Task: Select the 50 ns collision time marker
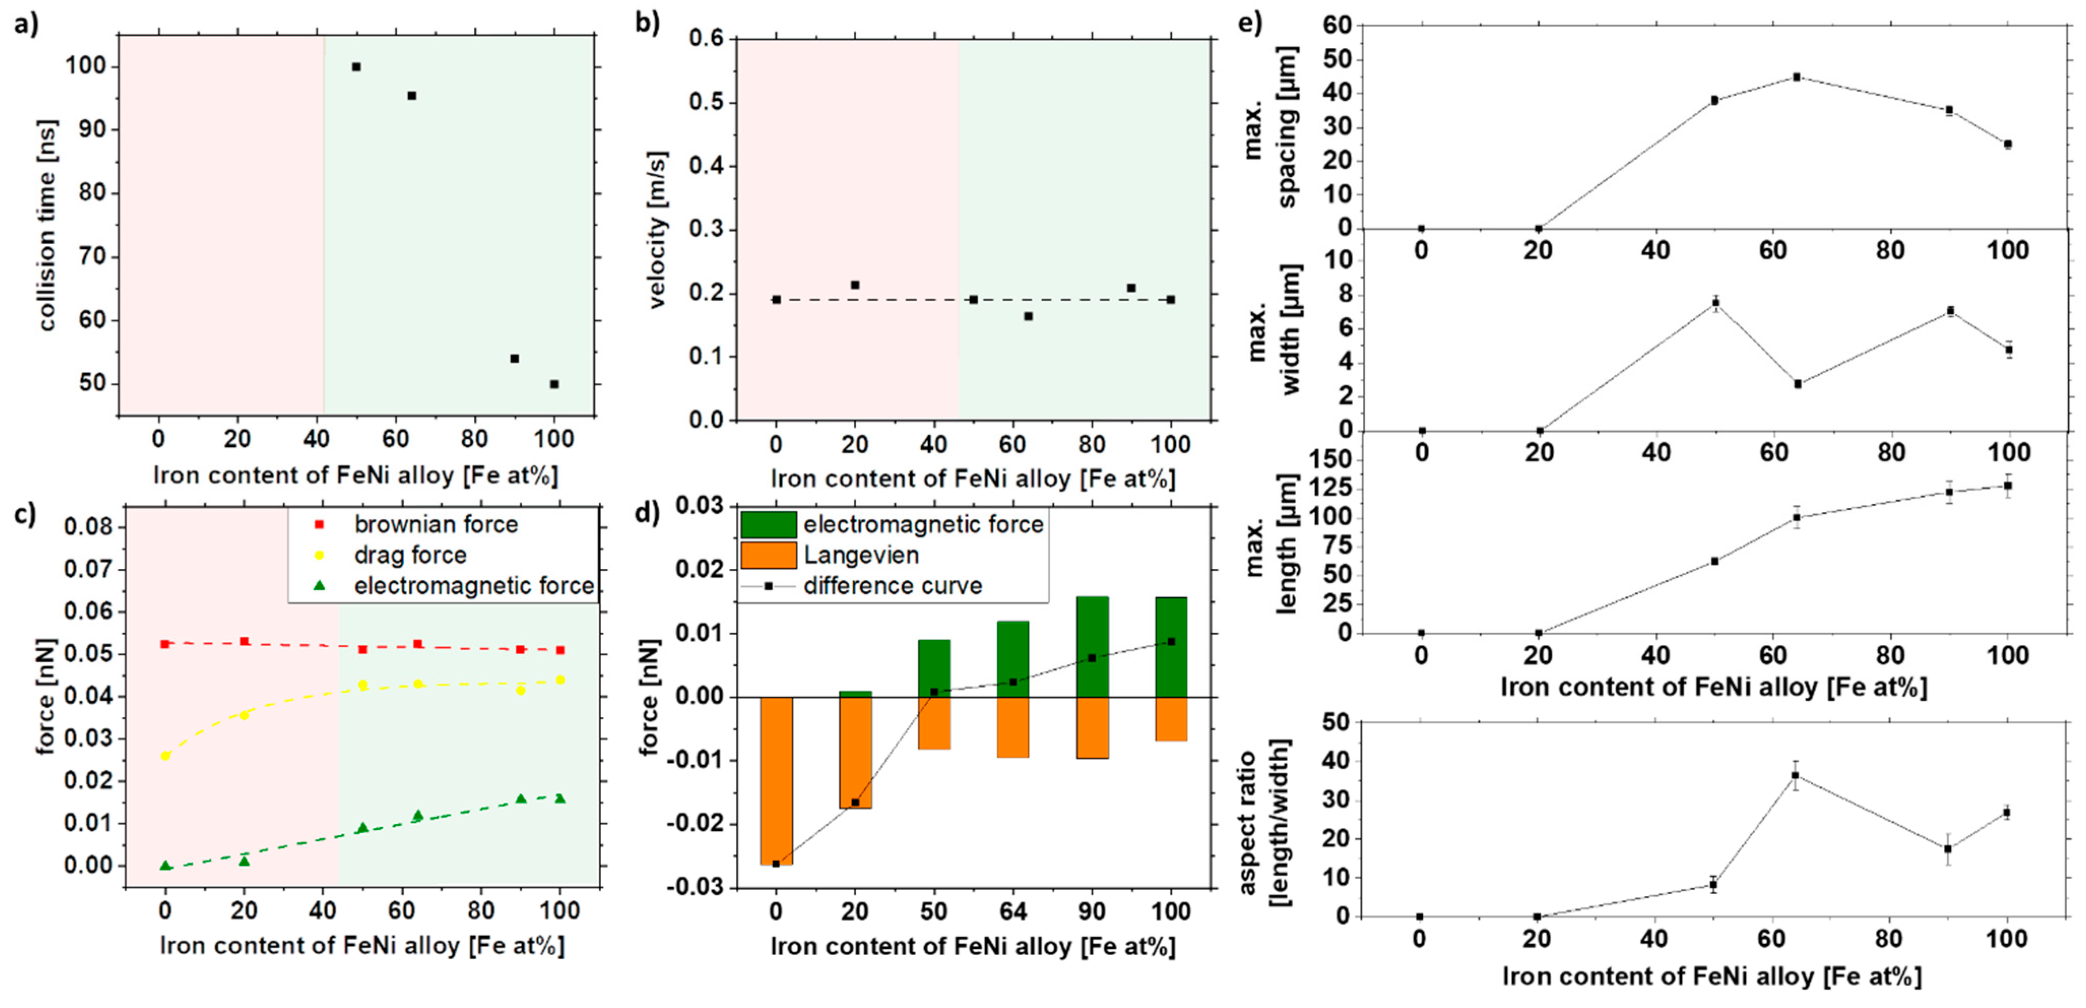[554, 384]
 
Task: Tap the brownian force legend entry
[436, 525]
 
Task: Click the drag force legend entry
[410, 556]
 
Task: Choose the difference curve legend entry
[892, 586]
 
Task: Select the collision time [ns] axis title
[47, 225]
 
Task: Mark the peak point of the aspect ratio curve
[1795, 775]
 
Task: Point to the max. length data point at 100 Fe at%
[2007, 486]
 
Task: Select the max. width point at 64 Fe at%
[1798, 384]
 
